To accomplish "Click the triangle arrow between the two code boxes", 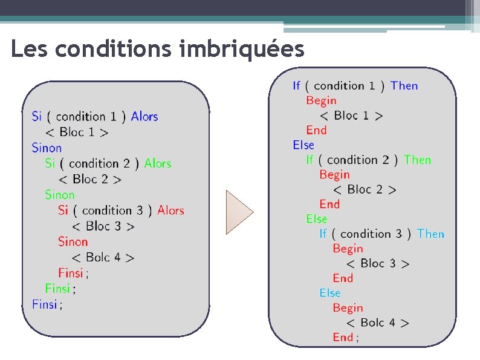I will coord(238,212).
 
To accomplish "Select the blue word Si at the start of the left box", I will coord(37,116).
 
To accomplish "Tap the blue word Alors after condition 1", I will coord(144,116).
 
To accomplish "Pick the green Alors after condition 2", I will coord(158,163).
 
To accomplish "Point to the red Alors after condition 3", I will coord(170,211).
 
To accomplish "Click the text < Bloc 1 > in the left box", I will coord(77,132).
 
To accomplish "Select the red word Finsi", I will coord(71,273).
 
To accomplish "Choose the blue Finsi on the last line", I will coord(45,304).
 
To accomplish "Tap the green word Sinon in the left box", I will coord(60,195).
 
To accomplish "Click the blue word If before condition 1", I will coord(296,86).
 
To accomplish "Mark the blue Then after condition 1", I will coord(404,86).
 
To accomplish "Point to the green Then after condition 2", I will coord(418,160).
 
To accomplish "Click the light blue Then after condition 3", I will coord(430,234).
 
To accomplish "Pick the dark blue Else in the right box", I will coord(303,145).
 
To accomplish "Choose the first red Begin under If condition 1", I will coord(321,100).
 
